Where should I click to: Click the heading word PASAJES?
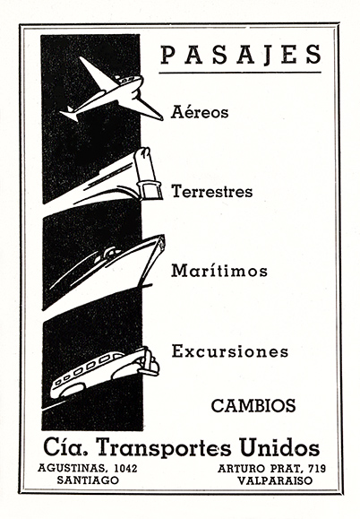click(241, 55)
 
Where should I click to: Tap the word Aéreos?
click(200, 112)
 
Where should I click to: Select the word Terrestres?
click(212, 191)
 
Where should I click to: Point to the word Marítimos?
click(219, 271)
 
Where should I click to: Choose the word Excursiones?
click(230, 350)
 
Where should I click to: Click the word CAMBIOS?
click(253, 405)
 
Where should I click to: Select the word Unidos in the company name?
click(279, 447)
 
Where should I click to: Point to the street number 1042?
click(125, 468)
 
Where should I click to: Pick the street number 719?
click(317, 468)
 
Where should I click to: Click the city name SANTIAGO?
click(88, 480)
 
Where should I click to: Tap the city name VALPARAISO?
click(275, 480)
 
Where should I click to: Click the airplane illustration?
click(111, 92)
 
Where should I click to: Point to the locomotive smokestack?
click(148, 173)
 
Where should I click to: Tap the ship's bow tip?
click(162, 237)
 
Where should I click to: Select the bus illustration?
click(104, 372)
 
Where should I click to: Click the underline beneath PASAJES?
click(240, 72)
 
